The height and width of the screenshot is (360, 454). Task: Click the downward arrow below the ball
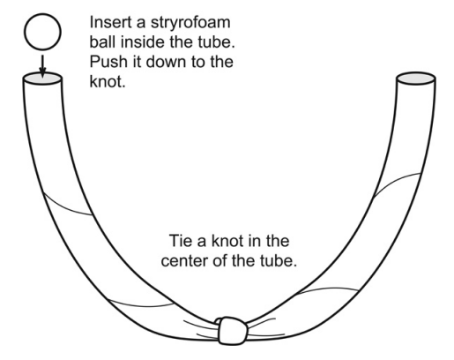42,65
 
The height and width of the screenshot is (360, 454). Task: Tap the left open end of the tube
42,79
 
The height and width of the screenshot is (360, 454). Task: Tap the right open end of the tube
416,79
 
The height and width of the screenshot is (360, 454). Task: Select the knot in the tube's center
232,331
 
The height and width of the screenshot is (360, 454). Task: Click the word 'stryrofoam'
190,23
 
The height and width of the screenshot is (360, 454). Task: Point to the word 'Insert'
111,22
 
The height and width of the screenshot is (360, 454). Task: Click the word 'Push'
106,62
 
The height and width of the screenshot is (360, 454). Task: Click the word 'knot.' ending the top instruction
108,81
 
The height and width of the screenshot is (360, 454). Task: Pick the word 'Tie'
181,241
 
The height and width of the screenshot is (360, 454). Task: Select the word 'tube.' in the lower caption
279,261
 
